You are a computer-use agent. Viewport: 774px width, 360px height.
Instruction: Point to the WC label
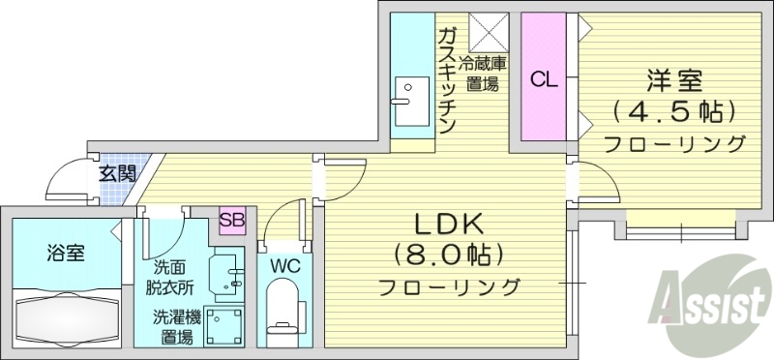pos(283,263)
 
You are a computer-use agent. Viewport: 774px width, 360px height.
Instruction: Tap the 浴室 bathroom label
pos(65,254)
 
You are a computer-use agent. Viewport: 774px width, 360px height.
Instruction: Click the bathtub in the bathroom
pos(66,315)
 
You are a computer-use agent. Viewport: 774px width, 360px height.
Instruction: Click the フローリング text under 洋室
pos(675,144)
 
